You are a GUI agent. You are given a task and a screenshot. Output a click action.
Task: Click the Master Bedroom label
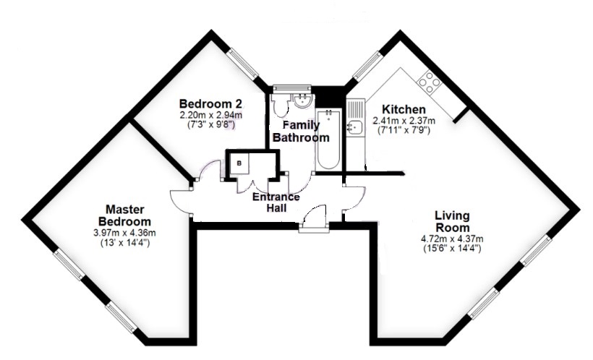click(x=124, y=215)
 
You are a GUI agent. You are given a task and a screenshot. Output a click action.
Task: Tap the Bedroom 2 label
click(x=210, y=103)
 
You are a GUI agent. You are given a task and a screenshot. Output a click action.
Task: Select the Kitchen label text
click(x=404, y=109)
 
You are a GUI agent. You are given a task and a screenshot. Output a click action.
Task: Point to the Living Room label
click(x=452, y=222)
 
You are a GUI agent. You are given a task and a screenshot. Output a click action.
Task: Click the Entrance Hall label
click(x=276, y=202)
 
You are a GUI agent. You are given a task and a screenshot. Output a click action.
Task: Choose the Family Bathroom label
click(x=301, y=132)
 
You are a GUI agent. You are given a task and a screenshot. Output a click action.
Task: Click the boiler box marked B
click(x=239, y=163)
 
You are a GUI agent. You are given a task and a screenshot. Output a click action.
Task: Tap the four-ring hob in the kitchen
click(x=430, y=82)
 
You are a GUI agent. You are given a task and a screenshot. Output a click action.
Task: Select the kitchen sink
click(x=356, y=127)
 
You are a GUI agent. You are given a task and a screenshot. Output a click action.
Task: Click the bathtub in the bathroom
click(x=328, y=140)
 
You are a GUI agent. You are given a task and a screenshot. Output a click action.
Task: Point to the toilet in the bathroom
click(x=281, y=104)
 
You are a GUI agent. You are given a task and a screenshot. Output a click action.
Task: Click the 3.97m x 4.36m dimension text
click(x=124, y=233)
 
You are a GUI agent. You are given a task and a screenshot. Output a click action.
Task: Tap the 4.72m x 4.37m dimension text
click(x=452, y=239)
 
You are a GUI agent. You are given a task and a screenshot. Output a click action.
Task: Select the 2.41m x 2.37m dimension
click(x=404, y=121)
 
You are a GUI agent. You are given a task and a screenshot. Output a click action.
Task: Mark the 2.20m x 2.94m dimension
click(x=210, y=115)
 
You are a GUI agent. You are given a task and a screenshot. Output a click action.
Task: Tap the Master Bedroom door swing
click(x=180, y=202)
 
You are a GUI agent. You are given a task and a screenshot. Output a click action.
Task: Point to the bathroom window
click(x=292, y=87)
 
